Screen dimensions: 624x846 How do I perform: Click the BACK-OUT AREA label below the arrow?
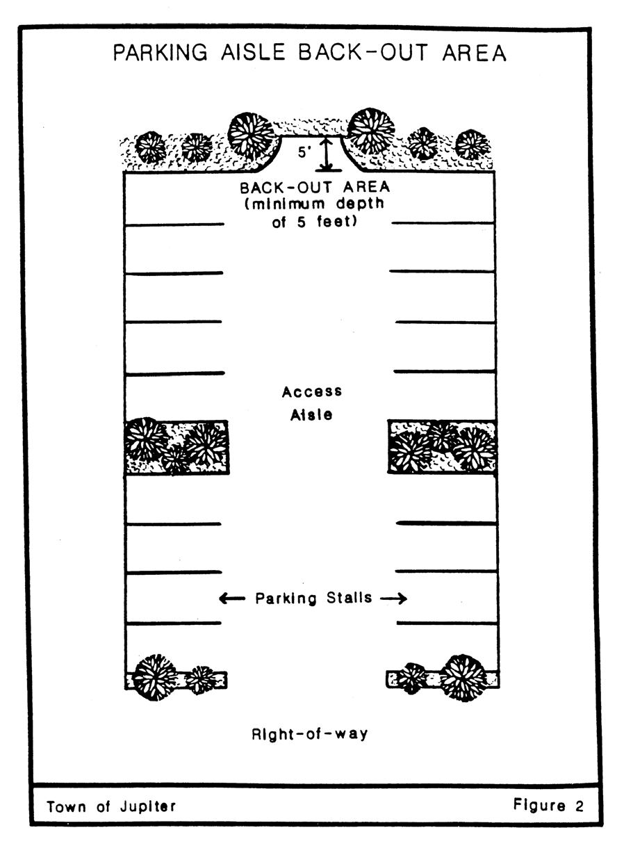(315, 188)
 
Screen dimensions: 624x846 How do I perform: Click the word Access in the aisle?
(312, 392)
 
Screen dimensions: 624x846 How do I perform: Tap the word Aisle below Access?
(312, 415)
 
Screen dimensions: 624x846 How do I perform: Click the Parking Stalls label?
(313, 598)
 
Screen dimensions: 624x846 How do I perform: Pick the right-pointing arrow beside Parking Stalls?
(393, 599)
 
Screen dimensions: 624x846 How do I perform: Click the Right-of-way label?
(310, 733)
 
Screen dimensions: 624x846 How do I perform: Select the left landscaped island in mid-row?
(176, 447)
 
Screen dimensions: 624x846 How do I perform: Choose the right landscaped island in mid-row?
(442, 447)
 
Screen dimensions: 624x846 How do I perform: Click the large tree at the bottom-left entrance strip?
(155, 676)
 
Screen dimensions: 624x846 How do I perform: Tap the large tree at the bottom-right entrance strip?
(463, 676)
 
